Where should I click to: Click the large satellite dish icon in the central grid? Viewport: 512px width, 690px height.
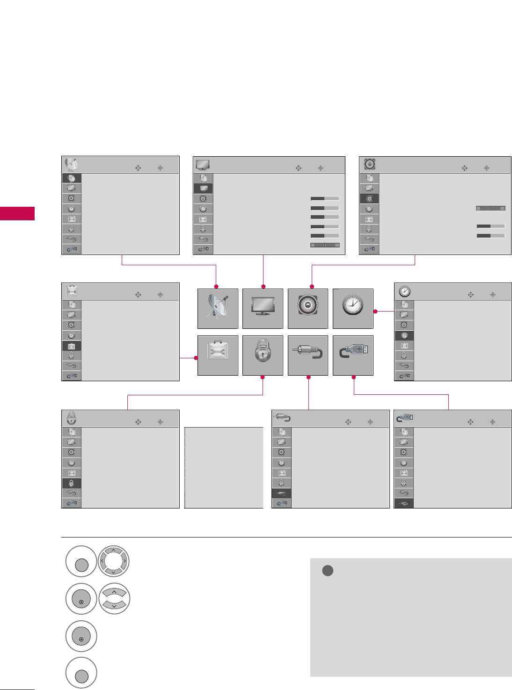(218, 309)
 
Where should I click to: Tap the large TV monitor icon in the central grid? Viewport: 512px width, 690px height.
(263, 309)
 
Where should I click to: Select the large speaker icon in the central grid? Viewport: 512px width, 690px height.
(307, 309)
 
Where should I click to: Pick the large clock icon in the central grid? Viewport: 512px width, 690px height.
(353, 309)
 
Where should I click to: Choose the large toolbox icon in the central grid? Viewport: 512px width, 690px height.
(218, 356)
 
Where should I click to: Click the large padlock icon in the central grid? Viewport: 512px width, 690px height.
(263, 356)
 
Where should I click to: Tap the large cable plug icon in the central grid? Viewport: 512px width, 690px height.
(307, 356)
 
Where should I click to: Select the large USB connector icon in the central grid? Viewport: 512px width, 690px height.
(353, 356)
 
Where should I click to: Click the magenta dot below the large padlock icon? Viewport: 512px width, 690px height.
(263, 377)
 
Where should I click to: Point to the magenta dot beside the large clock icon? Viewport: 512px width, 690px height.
(375, 311)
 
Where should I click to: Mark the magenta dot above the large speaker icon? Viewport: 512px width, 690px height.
(312, 286)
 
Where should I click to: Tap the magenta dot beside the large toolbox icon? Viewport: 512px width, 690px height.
(196, 358)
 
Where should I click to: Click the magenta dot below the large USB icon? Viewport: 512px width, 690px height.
(353, 377)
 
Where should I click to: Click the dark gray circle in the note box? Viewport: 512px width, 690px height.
(328, 571)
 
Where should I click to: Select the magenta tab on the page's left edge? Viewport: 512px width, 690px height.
(17, 213)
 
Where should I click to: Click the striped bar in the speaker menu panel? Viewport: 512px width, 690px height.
(490, 208)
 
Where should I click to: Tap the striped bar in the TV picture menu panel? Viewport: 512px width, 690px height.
(325, 245)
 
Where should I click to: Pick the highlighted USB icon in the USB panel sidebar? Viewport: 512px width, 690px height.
(404, 503)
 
